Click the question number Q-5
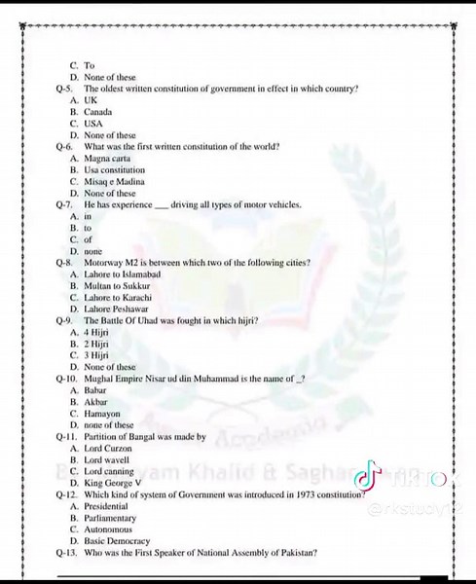pos(65,89)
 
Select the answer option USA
pos(93,125)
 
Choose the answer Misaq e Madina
pos(111,181)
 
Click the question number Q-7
pos(65,204)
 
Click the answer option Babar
pos(96,390)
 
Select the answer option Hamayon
pos(102,414)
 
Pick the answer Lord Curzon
pos(109,449)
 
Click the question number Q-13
pos(67,553)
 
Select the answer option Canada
pos(99,113)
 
